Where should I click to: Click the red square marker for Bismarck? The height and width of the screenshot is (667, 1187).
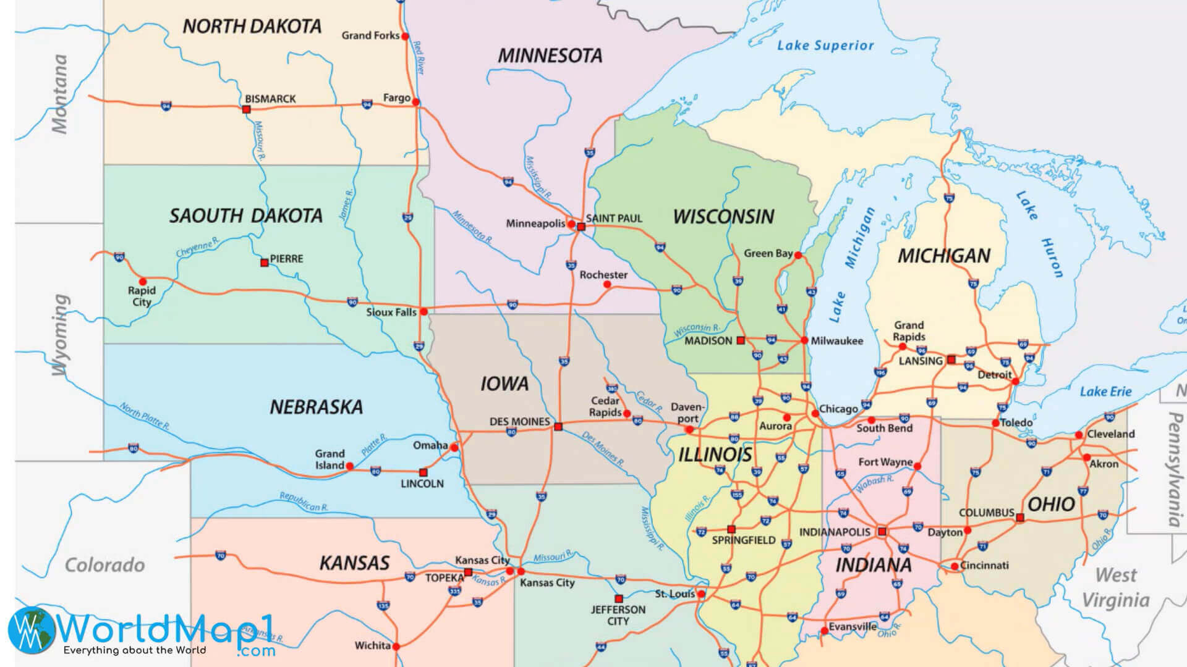coord(246,109)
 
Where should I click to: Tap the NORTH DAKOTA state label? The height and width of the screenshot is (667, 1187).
coord(252,27)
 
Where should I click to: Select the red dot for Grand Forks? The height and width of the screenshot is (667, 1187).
coord(406,36)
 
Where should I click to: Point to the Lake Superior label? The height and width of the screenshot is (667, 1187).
coord(825,45)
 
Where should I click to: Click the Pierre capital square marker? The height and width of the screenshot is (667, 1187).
coord(265,262)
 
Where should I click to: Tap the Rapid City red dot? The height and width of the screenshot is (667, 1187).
coord(142,282)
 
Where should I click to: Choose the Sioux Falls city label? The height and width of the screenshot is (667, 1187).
coord(391,313)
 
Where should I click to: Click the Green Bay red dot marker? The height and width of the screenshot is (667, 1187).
coord(798,255)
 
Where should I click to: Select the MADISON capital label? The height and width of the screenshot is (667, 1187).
coord(708,341)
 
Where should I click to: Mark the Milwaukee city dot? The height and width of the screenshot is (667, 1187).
coord(804,340)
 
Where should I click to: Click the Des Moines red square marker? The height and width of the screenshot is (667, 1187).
coord(558,427)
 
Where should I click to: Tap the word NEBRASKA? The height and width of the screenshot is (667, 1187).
coord(316,407)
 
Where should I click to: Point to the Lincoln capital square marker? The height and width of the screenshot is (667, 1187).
coord(423,472)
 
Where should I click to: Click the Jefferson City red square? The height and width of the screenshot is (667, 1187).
coord(618,598)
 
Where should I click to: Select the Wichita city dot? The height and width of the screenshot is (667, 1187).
coord(396,647)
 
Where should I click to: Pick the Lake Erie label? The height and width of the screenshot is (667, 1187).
coord(1105,392)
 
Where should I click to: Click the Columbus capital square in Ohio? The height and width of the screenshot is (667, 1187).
coord(1020,518)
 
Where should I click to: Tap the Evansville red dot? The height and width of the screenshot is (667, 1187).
coord(824,631)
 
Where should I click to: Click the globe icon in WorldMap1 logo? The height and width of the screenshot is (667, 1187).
coord(31,630)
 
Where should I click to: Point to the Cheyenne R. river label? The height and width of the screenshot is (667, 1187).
coord(197,248)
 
